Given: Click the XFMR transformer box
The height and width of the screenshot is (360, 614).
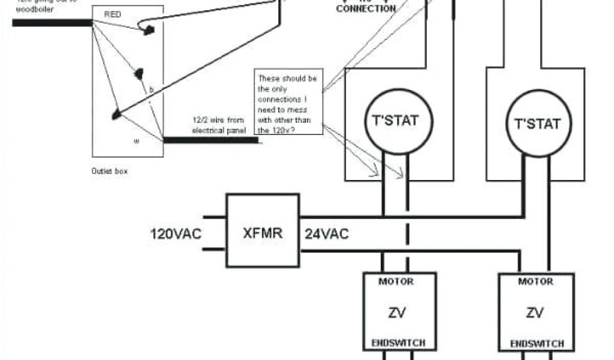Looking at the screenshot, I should point(262,230).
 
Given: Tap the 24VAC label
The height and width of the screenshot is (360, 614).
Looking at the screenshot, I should point(327,233).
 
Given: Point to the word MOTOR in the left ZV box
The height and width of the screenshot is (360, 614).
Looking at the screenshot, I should point(396,281).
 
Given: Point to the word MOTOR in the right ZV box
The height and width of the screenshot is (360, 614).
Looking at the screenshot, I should point(535,281).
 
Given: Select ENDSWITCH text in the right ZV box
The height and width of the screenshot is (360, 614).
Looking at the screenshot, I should point(536,343).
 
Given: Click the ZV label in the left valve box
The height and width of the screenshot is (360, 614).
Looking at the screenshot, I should point(396,312).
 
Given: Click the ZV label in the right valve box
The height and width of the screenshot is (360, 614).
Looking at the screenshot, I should point(535,312).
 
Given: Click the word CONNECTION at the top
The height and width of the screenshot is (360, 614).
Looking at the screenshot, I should point(366,9).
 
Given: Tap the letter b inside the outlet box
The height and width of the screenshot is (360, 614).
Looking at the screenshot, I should point(151,89).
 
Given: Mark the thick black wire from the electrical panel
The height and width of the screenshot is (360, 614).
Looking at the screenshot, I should point(210,140).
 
